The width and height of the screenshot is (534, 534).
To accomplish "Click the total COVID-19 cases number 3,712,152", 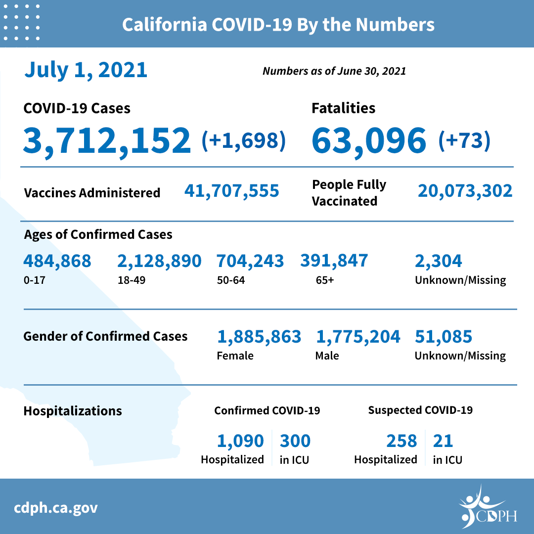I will click(x=106, y=140).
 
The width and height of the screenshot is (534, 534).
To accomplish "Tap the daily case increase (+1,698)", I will click(x=244, y=140).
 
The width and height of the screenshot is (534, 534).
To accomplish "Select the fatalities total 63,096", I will click(x=369, y=140).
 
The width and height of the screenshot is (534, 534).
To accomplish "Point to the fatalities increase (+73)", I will click(x=464, y=140).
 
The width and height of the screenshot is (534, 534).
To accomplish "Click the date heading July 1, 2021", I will click(x=86, y=70).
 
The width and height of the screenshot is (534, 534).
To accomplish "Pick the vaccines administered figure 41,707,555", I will click(x=231, y=191).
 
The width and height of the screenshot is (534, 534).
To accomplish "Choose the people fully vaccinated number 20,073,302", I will click(x=465, y=191).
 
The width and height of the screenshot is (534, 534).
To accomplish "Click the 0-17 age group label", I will click(x=34, y=280).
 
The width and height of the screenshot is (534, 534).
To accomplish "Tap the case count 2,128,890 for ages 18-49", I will click(x=159, y=261).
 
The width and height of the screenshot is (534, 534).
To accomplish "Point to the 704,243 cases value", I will click(x=250, y=261).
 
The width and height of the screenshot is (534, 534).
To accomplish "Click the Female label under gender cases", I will click(x=235, y=356).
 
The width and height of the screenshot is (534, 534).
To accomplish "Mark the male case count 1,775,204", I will click(x=358, y=337).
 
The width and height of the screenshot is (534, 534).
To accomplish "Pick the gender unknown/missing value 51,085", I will click(x=444, y=337).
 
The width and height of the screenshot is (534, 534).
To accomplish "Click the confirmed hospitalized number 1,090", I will click(x=240, y=441).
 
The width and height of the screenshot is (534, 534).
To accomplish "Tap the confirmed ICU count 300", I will click(x=295, y=441).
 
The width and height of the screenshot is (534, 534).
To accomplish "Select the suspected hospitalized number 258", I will click(x=401, y=441).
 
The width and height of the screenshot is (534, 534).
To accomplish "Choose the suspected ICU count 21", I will click(x=443, y=441).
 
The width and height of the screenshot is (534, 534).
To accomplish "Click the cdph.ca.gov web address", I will click(x=56, y=507).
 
